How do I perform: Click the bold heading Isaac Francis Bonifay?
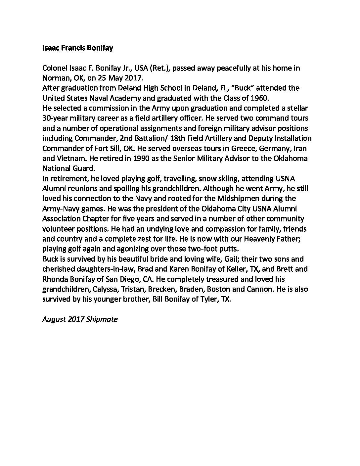pyautogui.click(x=78, y=48)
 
